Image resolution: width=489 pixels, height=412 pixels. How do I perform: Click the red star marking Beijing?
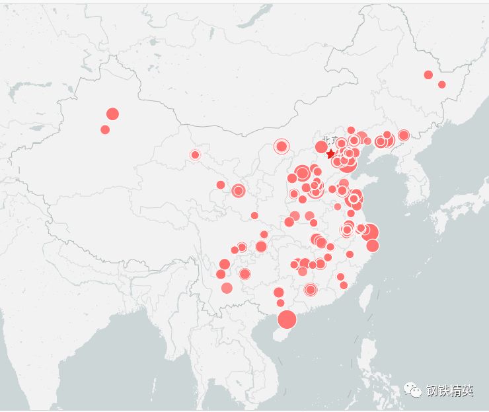click(330, 154)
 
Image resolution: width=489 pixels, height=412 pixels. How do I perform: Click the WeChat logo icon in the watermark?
click(414, 391)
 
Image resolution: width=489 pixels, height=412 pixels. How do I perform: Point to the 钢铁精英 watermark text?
click(449, 391)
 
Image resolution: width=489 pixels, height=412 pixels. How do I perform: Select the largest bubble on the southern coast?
click(287, 320)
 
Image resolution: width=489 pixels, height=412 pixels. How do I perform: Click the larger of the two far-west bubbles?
click(112, 114)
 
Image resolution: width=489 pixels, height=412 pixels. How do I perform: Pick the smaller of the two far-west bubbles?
click(105, 129)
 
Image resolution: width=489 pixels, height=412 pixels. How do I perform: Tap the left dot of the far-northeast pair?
click(428, 75)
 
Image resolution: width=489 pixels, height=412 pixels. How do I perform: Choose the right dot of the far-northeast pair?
click(442, 85)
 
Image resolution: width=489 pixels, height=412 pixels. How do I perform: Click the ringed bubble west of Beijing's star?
click(282, 147)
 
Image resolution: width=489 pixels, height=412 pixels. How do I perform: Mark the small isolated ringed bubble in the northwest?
click(195, 154)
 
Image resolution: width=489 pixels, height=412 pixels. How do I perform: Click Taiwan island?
click(363, 300)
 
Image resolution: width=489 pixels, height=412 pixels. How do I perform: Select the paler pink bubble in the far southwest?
click(227, 288)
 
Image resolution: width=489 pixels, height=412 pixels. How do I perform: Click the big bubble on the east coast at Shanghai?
click(369, 232)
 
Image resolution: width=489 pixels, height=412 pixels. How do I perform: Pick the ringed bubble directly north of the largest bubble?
click(311, 289)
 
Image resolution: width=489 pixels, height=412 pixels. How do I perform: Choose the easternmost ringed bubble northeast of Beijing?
click(404, 135)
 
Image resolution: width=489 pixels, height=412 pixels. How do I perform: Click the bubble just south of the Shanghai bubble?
click(373, 246)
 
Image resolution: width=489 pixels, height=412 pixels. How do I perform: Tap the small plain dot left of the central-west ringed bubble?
click(221, 185)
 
